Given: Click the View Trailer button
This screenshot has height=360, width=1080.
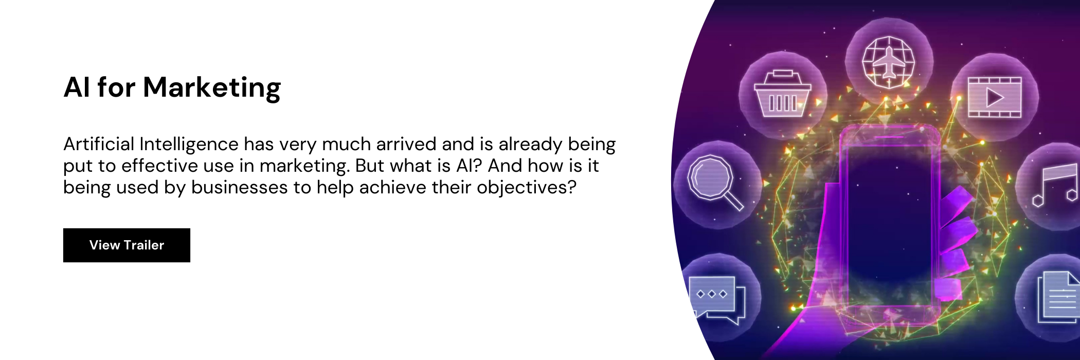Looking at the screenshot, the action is [127, 245].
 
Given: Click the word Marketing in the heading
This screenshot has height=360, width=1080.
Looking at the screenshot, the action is [212, 88].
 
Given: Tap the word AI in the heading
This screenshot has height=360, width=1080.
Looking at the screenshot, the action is [77, 87].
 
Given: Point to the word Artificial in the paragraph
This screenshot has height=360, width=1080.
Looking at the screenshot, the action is [99, 144].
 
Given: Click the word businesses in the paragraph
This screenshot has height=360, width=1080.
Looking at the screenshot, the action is [239, 187].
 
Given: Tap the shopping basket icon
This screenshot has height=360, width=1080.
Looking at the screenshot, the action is [782, 93].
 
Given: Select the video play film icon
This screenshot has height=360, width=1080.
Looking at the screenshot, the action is [995, 97].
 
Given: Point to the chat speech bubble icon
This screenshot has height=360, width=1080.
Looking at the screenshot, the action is [717, 300].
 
